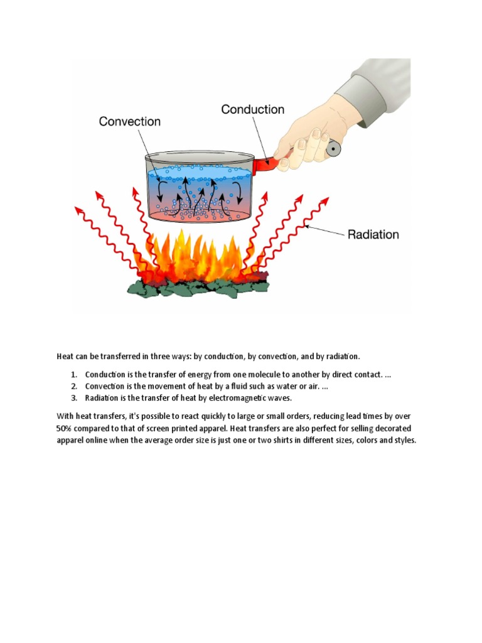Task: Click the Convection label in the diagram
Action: tap(130, 121)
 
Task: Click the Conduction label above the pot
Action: tap(252, 109)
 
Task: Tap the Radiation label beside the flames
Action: tap(373, 234)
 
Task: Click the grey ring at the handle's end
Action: tap(333, 149)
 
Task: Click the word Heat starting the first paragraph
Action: tap(65, 356)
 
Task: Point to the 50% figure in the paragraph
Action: tap(65, 428)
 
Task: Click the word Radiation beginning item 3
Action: tap(102, 397)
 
